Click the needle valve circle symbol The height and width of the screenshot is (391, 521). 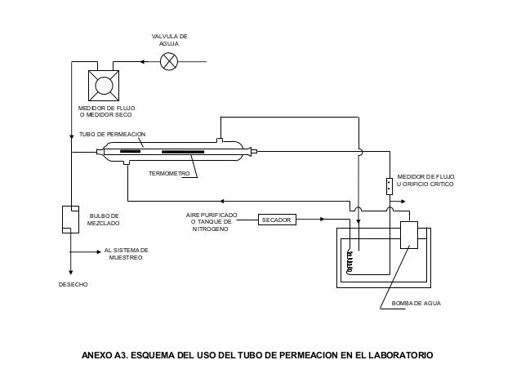pos(169,61)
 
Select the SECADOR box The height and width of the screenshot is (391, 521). pos(277,220)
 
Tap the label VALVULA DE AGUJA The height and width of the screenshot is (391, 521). pos(170,40)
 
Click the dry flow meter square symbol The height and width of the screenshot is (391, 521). pos(104,86)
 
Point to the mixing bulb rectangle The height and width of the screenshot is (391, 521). pos(70,220)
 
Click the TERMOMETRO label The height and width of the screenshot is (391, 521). pos(169,173)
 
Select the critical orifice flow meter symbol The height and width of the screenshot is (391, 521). pos(390,186)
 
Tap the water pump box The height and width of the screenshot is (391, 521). pos(409,235)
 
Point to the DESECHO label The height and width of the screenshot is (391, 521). pos(73,285)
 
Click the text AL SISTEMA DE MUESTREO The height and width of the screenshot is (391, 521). pos(126,254)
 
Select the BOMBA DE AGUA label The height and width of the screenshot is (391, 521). pos(416,304)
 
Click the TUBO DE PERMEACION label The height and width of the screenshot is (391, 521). pos(113,134)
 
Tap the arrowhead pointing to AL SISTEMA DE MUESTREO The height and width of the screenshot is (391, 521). pos(99,251)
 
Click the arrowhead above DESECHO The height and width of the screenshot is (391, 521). pos(70,272)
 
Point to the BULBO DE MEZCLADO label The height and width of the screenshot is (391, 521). pos(104,220)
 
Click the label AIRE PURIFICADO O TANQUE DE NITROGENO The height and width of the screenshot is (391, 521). pos(212,222)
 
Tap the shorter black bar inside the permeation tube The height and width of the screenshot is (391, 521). pos(131,152)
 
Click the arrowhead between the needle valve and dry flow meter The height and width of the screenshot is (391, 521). pos(142,61)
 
